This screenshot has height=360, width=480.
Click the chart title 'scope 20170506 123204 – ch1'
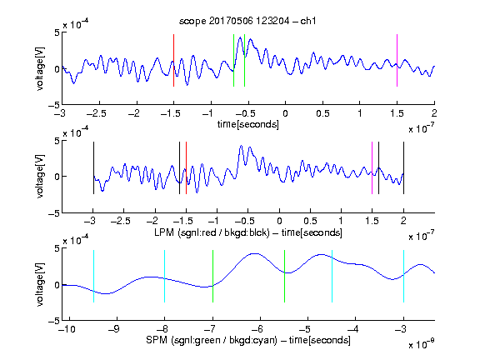pyautogui.click(x=247, y=21)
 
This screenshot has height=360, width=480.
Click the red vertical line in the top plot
pyautogui.click(x=173, y=60)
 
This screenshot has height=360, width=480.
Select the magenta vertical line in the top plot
pyautogui.click(x=397, y=60)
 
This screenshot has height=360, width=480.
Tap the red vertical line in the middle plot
pyautogui.click(x=186, y=167)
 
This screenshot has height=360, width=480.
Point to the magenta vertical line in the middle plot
pyautogui.click(x=372, y=167)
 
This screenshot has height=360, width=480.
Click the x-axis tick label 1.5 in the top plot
pyautogui.click(x=397, y=113)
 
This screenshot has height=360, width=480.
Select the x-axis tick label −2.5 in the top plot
pyautogui.click(x=97, y=113)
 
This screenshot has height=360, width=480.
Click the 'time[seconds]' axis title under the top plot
pyautogui.click(x=248, y=124)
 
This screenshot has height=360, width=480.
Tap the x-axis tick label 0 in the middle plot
pyautogui.click(x=279, y=221)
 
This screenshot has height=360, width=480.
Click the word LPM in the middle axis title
pyautogui.click(x=164, y=232)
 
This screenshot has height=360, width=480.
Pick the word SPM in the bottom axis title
pyautogui.click(x=157, y=340)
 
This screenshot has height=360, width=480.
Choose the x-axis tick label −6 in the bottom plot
pyautogui.click(x=257, y=329)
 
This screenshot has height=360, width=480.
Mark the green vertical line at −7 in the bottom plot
pyautogui.click(x=212, y=276)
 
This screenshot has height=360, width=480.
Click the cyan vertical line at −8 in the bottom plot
pyautogui.click(x=164, y=276)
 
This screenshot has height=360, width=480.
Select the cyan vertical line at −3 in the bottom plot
pyautogui.click(x=403, y=276)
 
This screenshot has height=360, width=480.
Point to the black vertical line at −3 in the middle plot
pyautogui.click(x=93, y=167)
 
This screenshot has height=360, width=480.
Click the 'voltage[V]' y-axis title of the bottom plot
pyautogui.click(x=40, y=284)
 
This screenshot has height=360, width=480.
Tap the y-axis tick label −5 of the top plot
pyautogui.click(x=54, y=105)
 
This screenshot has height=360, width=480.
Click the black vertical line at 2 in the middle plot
pyautogui.click(x=403, y=167)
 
